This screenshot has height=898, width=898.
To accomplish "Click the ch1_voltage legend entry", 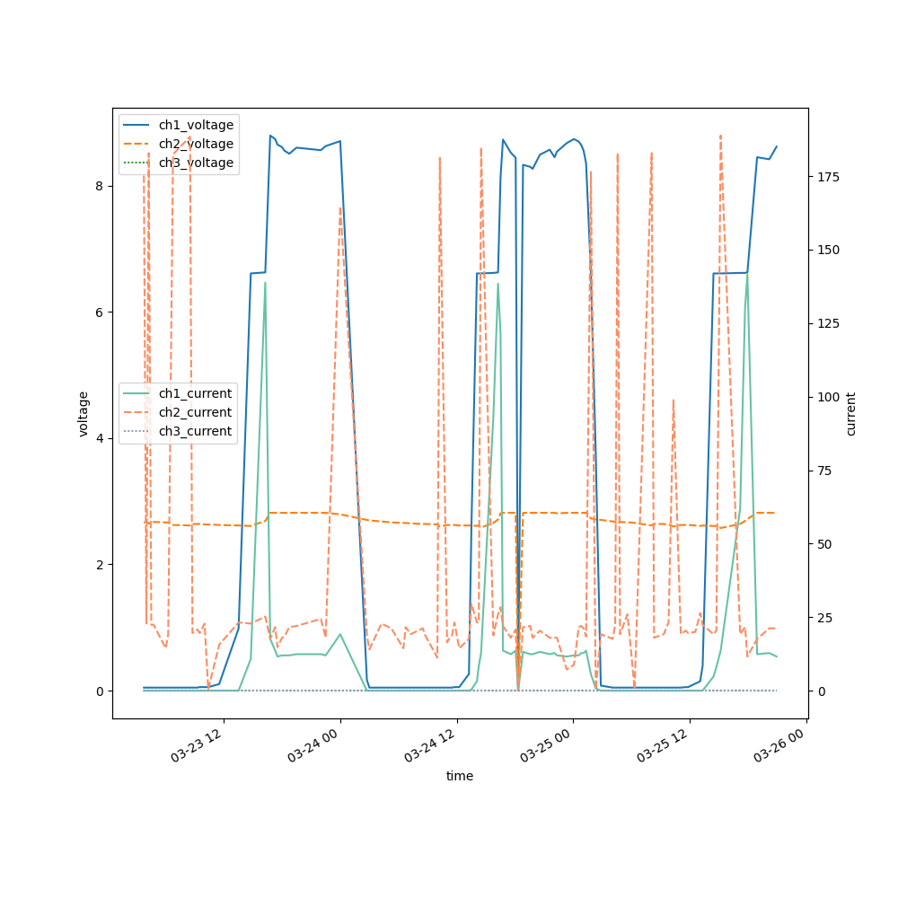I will coord(196,125).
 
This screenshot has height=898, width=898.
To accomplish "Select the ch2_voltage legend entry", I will coord(196,144).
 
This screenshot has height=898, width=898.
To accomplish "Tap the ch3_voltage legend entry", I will coord(196,163).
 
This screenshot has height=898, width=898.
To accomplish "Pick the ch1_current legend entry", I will coord(195,393).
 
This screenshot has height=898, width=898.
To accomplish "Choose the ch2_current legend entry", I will coord(195,412).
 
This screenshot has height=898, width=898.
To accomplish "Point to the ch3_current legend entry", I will coord(195,431).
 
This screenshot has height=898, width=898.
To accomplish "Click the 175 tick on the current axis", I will coord(827,177).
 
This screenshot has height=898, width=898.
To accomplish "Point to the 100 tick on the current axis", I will coord(827,397).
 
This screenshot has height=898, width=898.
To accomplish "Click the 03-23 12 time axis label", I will coord(198,744).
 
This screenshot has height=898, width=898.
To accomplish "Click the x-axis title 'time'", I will coord(460,776).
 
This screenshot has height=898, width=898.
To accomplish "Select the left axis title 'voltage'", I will coord(84,413).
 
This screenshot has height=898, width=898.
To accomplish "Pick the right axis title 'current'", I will coord(851,413).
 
